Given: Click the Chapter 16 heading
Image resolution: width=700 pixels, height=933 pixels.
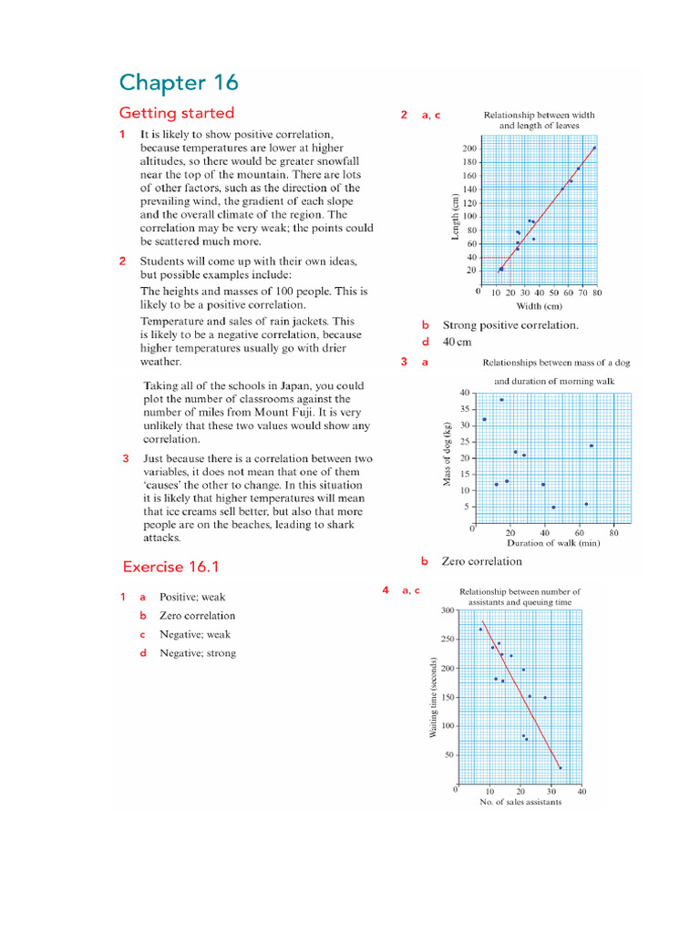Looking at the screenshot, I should pyautogui.click(x=179, y=83).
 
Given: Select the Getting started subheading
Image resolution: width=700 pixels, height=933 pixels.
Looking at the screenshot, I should pyautogui.click(x=177, y=113).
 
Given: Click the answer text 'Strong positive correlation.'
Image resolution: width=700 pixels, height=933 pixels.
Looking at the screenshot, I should pyautogui.click(x=510, y=325).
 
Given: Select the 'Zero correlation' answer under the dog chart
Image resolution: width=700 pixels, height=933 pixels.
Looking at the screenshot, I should pyautogui.click(x=482, y=561).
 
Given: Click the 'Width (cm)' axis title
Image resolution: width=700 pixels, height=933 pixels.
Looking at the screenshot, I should pyautogui.click(x=540, y=306).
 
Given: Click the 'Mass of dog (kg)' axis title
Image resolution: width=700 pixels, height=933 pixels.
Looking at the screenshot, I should pyautogui.click(x=448, y=453).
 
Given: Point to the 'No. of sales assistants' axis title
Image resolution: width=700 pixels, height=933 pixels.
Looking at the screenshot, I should pyautogui.click(x=520, y=802).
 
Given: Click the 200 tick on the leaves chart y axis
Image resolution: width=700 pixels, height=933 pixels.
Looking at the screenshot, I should pyautogui.click(x=468, y=149).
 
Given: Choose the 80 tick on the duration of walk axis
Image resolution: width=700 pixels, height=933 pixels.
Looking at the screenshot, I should pyautogui.click(x=614, y=532).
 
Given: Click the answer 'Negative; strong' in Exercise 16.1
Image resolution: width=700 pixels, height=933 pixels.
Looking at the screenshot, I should pyautogui.click(x=197, y=653).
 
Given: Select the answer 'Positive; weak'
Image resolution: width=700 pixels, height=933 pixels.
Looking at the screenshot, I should pyautogui.click(x=191, y=598).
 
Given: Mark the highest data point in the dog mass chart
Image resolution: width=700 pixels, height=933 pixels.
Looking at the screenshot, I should pyautogui.click(x=501, y=400).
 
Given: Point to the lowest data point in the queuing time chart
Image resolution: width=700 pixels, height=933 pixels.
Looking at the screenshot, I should pyautogui.click(x=560, y=768).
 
